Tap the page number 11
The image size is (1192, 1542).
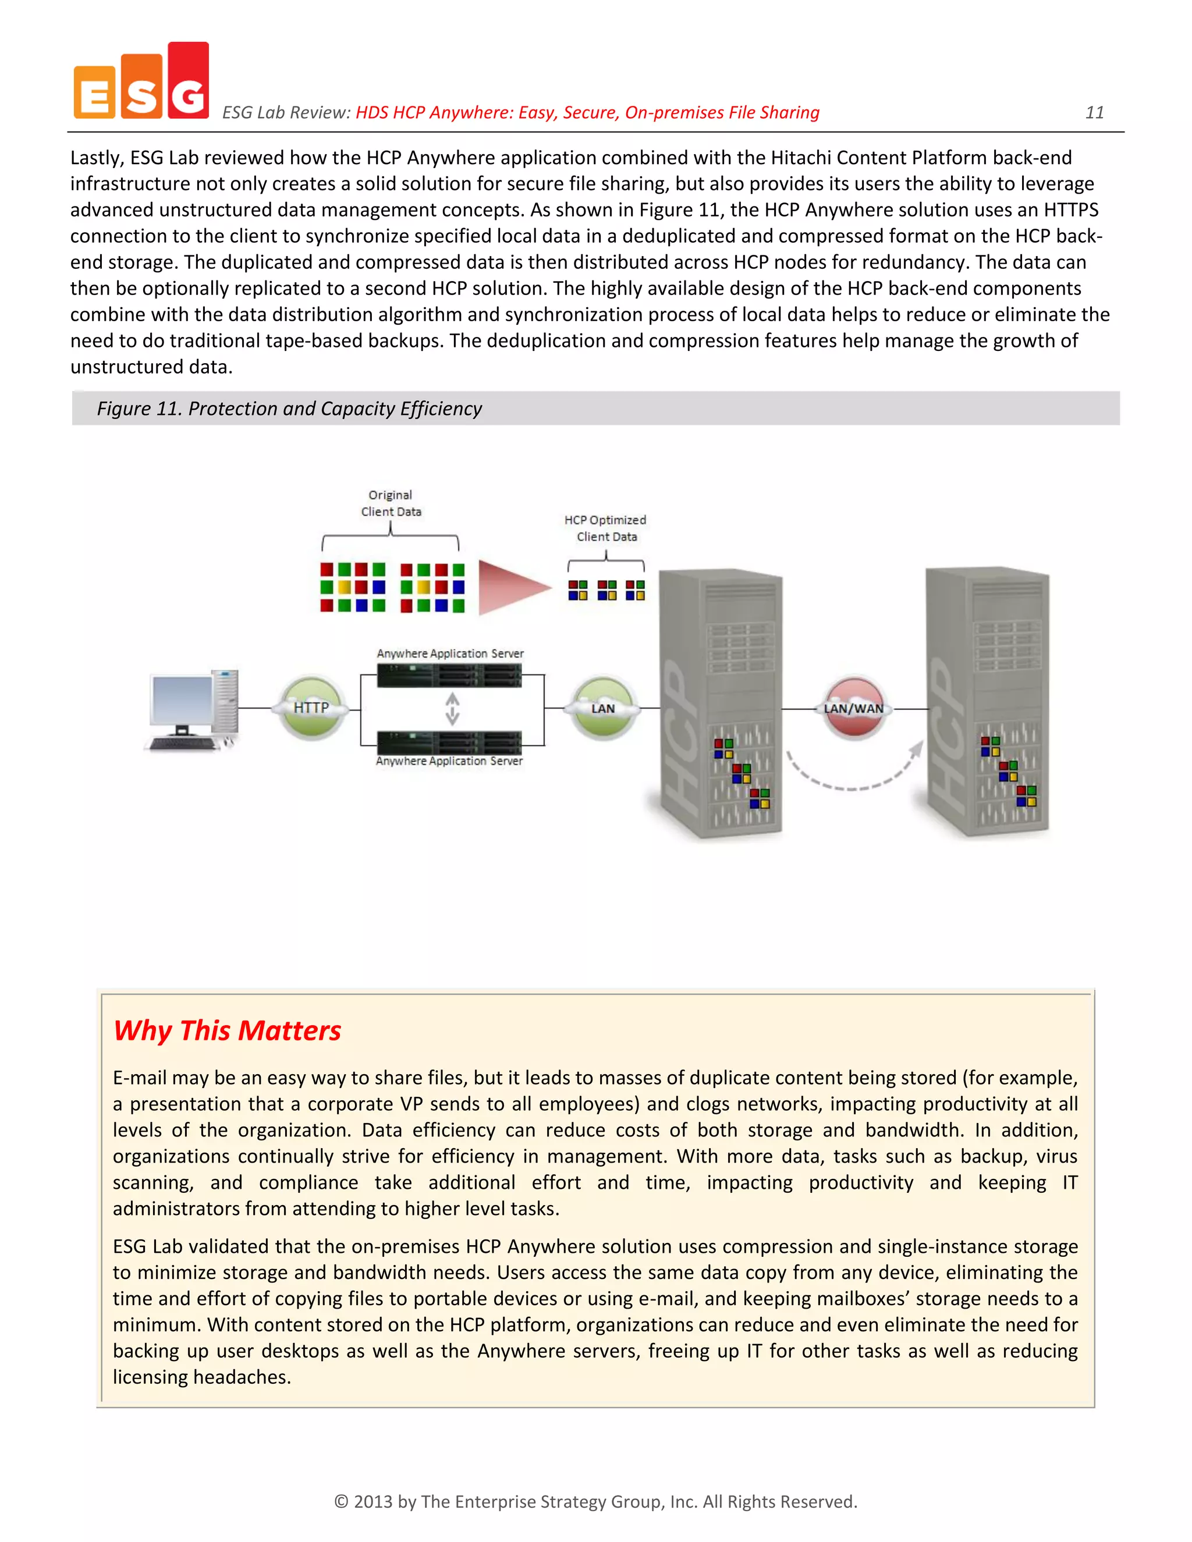pyautogui.click(x=1094, y=112)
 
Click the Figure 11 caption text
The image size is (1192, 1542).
pyautogui.click(x=289, y=409)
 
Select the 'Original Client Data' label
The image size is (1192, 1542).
pyautogui.click(x=391, y=503)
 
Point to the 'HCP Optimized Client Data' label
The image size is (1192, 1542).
pyautogui.click(x=605, y=528)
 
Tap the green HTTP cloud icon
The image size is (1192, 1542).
pyautogui.click(x=311, y=708)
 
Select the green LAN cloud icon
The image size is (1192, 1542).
pyautogui.click(x=602, y=708)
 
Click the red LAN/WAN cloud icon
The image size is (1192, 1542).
pyautogui.click(x=853, y=708)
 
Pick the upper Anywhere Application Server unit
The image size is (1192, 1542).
pyautogui.click(x=449, y=676)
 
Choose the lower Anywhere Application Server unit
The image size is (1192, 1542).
pyautogui.click(x=449, y=742)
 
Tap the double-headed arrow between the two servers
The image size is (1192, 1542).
pyautogui.click(x=452, y=709)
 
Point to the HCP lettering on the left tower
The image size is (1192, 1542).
pyautogui.click(x=679, y=734)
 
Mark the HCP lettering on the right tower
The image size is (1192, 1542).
pyautogui.click(x=946, y=734)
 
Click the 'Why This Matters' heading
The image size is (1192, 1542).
pyautogui.click(x=228, y=1031)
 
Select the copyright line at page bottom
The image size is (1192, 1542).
pyautogui.click(x=595, y=1501)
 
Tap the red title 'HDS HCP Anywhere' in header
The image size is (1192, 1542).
pyautogui.click(x=587, y=112)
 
